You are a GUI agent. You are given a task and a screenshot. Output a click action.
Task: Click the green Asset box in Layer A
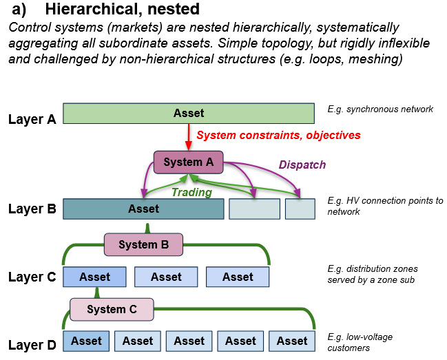tap(188, 113)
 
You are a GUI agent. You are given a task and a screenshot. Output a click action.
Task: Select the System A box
tap(188, 162)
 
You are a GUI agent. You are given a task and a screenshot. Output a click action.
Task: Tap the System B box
tap(143, 244)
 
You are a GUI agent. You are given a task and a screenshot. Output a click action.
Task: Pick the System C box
tap(111, 309)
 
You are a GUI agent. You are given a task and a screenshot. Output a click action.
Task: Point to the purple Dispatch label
tap(302, 165)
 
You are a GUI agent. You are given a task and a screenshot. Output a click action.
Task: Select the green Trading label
tap(191, 193)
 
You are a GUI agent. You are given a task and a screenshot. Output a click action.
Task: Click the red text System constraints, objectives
tap(278, 135)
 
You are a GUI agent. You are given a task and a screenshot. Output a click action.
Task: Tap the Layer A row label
tap(32, 119)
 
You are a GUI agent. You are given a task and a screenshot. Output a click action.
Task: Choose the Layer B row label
tap(32, 208)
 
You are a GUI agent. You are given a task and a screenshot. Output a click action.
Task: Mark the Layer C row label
tap(32, 277)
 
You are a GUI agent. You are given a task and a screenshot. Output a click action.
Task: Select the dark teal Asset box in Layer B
tap(143, 209)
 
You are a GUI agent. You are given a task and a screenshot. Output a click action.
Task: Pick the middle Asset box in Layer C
tap(166, 277)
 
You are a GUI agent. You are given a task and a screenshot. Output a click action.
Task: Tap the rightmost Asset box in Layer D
tap(292, 341)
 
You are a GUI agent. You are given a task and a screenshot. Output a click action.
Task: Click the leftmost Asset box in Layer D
tap(86, 341)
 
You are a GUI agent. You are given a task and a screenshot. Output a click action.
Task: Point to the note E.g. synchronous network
tap(380, 109)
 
